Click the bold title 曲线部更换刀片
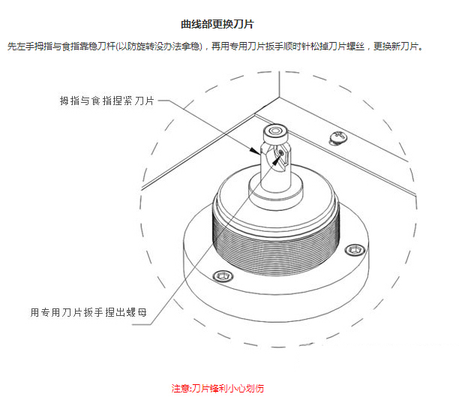pyautogui.click(x=217, y=24)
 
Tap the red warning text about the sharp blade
pyautogui.click(x=217, y=389)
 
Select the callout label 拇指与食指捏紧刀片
pyautogui.click(x=106, y=101)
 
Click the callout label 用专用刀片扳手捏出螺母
pyautogui.click(x=88, y=312)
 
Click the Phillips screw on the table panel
pyautogui.click(x=338, y=137)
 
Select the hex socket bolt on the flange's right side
pyautogui.click(x=355, y=250)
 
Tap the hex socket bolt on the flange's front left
pyautogui.click(x=223, y=276)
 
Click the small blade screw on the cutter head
pyautogui.click(x=280, y=152)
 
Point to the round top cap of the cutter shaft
pyautogui.click(x=274, y=133)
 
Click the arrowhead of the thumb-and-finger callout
pyautogui.click(x=255, y=151)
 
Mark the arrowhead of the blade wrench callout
pyautogui.click(x=276, y=160)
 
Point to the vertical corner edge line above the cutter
pyautogui.click(x=279, y=84)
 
